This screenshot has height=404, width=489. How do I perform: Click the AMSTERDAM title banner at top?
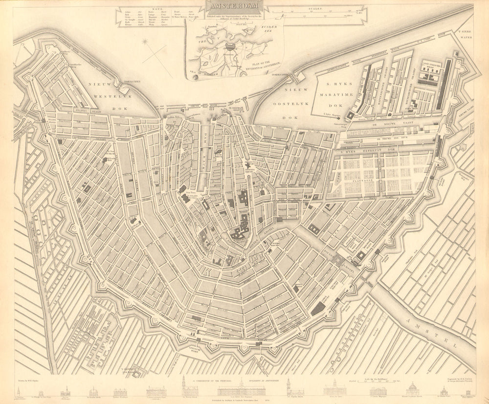pos(234,6)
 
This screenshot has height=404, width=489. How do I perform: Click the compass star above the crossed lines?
pos(145,42)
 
